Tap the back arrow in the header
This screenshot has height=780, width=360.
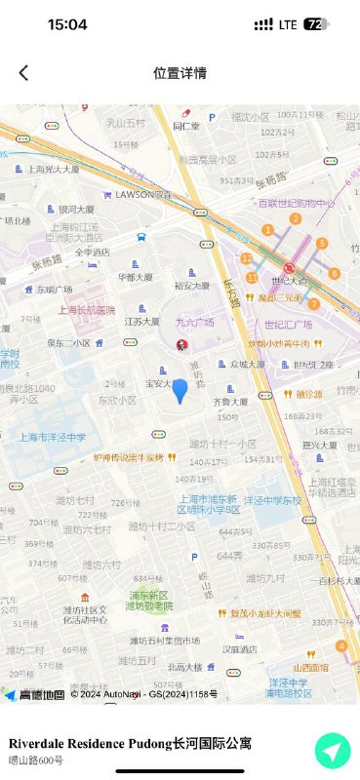[x=23, y=73]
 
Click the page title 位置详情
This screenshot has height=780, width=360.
[x=180, y=73]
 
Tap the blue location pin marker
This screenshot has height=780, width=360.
[x=180, y=390]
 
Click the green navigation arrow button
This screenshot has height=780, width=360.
[x=333, y=751]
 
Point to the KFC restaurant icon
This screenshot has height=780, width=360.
[x=180, y=344]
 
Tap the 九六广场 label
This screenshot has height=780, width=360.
[x=195, y=322]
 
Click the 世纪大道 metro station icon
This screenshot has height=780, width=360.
[x=289, y=268]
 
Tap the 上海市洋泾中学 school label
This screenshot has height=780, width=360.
[x=53, y=437]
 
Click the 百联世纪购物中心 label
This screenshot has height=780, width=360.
[x=297, y=203]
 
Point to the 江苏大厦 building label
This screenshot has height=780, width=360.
[x=142, y=321]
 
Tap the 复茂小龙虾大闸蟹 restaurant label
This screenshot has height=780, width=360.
[x=265, y=613]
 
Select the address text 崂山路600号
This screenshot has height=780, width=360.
[x=36, y=760]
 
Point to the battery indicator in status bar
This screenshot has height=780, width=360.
[x=316, y=24]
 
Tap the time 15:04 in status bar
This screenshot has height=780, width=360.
[x=67, y=24]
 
